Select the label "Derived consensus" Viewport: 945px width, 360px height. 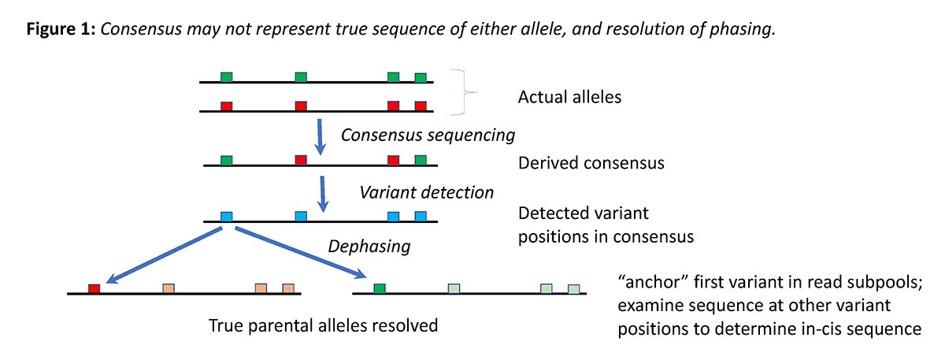point(591,164)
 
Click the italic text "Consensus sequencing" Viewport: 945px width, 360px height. point(428,135)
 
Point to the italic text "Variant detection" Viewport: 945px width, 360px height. point(427,192)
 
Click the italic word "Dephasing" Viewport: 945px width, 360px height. point(369,246)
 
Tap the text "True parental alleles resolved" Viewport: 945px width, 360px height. point(323,325)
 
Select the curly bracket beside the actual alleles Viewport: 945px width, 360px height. point(465,93)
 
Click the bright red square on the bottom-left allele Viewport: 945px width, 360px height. point(94,288)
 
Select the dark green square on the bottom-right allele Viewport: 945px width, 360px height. point(380,288)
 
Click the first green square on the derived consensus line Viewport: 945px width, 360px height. point(227,160)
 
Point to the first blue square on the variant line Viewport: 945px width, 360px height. point(227,216)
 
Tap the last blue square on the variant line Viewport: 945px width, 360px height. point(421,216)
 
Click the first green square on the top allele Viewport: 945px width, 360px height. point(227,76)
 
